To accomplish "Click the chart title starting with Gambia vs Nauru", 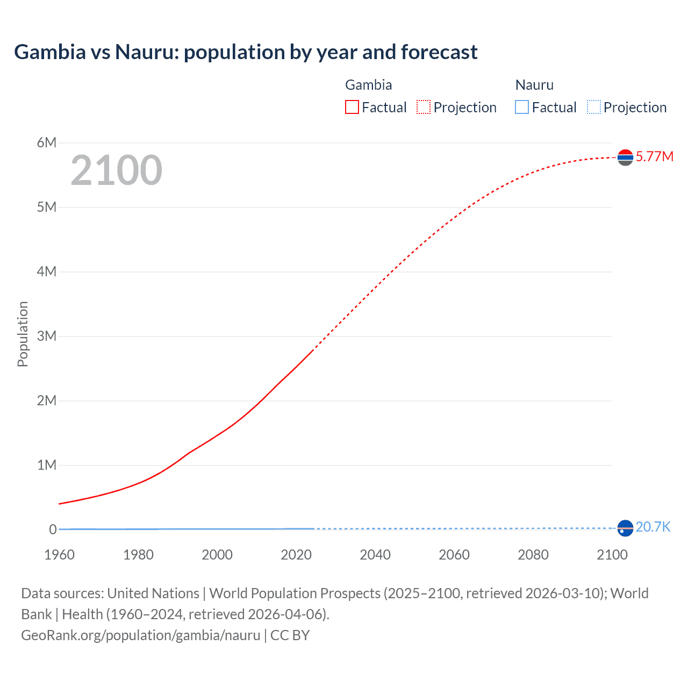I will point(246,52).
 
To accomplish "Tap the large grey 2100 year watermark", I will point(116,170).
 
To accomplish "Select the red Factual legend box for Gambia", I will point(352,107).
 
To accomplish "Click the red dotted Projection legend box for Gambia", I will point(424,107).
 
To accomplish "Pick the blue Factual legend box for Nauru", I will point(522,107).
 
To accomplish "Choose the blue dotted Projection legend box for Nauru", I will point(594,107).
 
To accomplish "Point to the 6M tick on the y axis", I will point(47,142).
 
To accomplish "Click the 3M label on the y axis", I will point(47,336).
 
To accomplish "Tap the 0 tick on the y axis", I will point(53,529).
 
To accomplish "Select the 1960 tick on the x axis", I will point(59,555).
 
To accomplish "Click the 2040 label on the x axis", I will point(375,555).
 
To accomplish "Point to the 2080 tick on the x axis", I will point(533,555).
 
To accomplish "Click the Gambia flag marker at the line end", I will point(625,157).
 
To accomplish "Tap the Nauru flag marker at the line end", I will point(625,528).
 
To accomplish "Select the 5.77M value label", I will point(654,156).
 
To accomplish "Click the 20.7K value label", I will point(653,527).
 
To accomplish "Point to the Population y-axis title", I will point(23,334).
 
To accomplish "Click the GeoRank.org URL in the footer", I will point(141,635).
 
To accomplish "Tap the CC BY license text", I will point(290,635).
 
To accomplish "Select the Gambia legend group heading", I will point(368,85).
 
